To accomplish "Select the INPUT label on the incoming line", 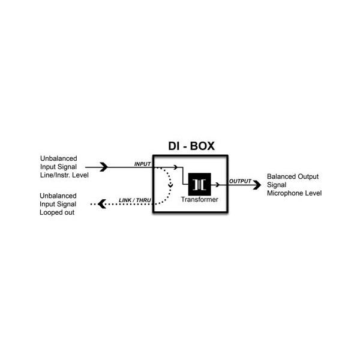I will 143,163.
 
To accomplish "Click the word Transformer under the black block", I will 199,199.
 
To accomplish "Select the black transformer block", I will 199,184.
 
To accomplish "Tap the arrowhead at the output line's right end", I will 256,184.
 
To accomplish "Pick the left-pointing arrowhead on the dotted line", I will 101,204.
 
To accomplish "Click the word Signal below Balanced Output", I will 277,185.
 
